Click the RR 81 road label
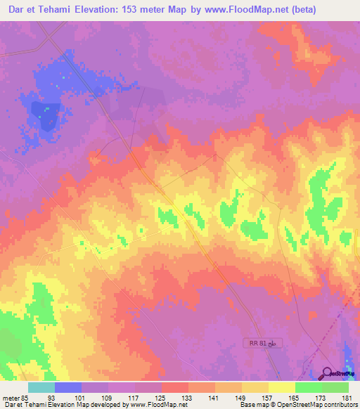[257, 343]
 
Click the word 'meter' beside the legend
[10, 398]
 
